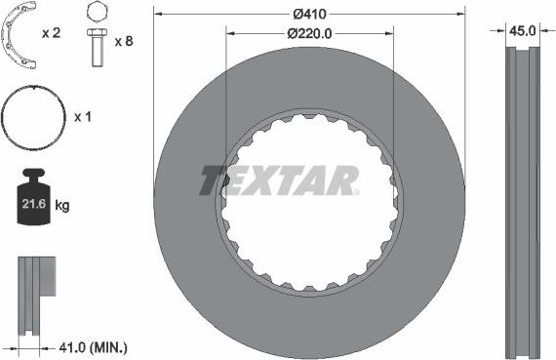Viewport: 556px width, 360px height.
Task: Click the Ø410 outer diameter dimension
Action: coord(308,13)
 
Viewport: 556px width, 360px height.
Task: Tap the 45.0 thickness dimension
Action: coord(524,30)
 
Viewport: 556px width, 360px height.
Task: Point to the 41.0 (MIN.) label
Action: coord(94,346)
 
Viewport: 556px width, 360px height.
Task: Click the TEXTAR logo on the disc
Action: coord(279,180)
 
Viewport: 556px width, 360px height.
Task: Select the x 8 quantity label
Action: coord(123,42)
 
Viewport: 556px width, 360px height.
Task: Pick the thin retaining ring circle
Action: coord(33,116)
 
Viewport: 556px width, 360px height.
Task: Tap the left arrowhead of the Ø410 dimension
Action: coord(158,13)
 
